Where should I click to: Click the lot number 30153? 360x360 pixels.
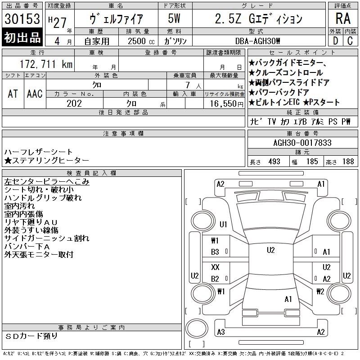click(22, 18)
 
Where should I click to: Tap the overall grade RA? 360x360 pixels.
click(343, 18)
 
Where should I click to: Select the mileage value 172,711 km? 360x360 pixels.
click(46, 64)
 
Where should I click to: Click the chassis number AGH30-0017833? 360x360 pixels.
click(302, 143)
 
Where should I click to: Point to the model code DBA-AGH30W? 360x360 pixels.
click(257, 41)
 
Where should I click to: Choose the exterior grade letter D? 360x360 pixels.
click(336, 41)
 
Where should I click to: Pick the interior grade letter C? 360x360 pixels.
click(350, 41)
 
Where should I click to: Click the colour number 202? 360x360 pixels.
click(74, 103)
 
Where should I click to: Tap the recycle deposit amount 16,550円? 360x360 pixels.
click(227, 104)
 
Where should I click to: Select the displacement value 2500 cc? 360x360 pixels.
click(141, 41)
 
